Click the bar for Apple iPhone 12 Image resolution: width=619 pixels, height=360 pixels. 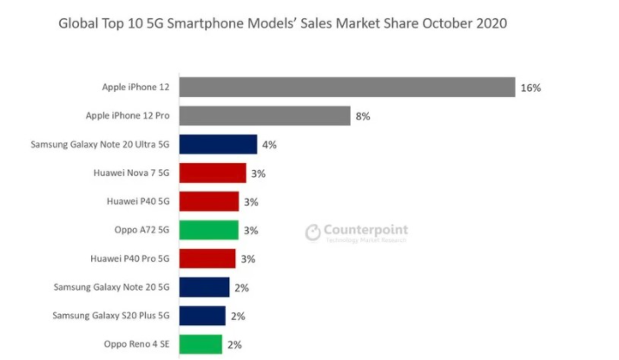(347, 88)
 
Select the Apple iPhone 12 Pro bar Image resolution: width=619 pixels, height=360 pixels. (264, 116)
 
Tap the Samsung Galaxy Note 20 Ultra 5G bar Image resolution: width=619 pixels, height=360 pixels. (217, 145)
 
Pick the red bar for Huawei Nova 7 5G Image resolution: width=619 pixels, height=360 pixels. (211, 173)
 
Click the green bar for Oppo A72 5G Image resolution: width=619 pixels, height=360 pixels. (207, 230)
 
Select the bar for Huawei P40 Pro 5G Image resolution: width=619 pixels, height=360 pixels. (206, 259)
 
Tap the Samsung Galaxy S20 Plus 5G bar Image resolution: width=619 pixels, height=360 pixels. (201, 315)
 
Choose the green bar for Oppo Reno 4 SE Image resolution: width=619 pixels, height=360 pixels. (200, 344)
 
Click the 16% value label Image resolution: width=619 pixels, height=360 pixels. (530, 88)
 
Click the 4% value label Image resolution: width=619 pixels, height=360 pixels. (268, 145)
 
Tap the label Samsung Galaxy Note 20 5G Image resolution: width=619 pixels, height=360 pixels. (111, 286)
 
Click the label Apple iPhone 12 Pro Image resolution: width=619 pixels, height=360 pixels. (128, 116)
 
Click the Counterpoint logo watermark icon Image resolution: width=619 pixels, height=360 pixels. (313, 232)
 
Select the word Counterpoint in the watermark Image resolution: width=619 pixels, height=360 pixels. (365, 230)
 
